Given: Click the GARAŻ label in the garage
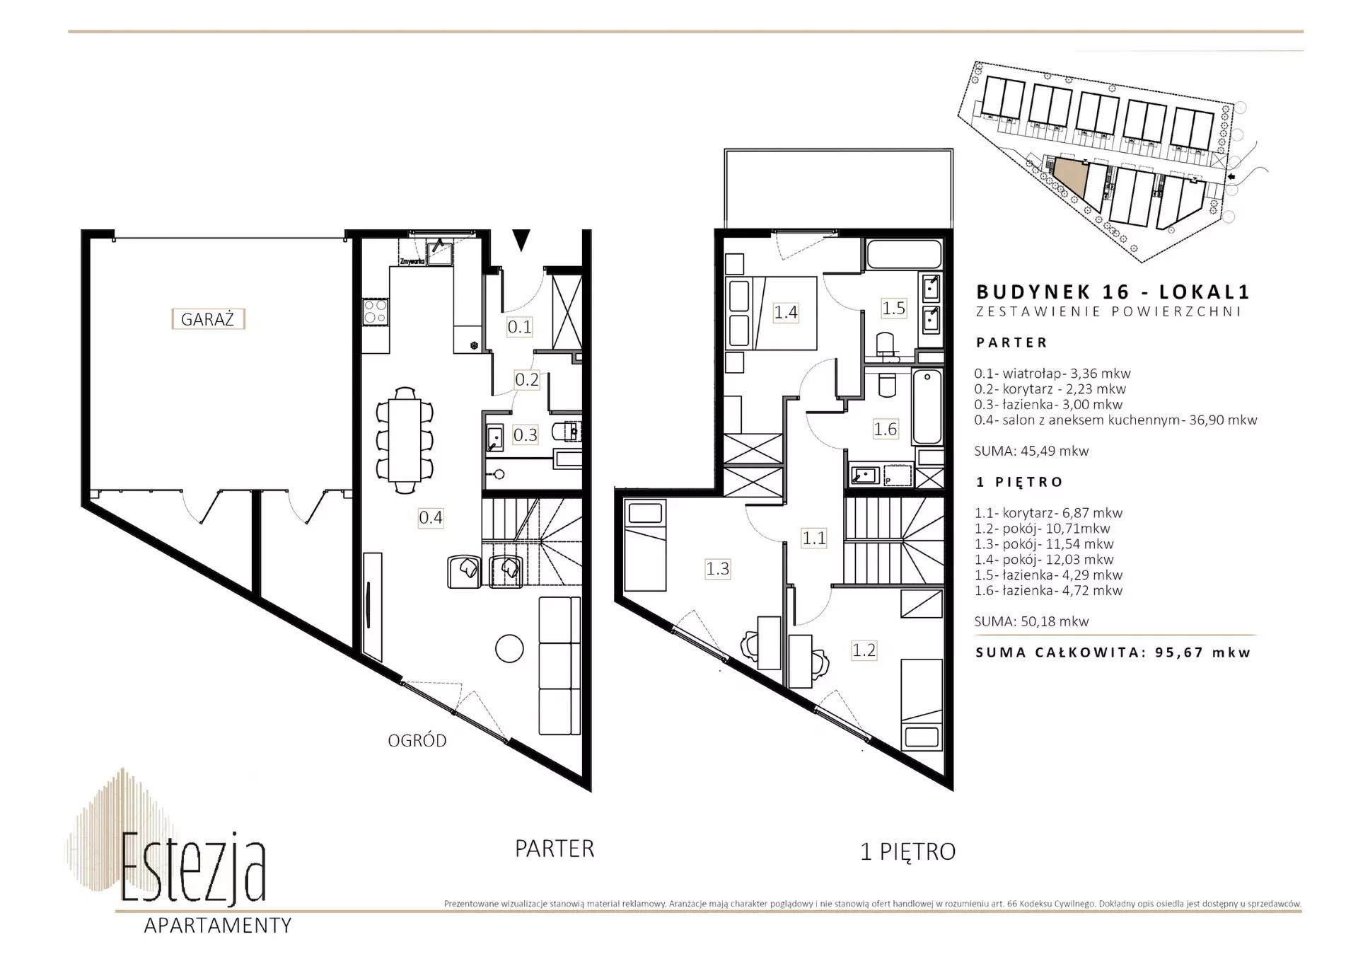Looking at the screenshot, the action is point(208,319).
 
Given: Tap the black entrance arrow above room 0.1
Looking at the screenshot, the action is point(521,241).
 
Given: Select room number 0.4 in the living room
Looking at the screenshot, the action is point(431,517).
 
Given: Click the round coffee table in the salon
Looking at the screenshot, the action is point(509,648).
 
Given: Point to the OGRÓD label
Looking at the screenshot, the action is point(417,741).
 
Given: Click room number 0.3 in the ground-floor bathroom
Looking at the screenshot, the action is point(525,435).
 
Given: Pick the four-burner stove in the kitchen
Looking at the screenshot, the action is point(375,311).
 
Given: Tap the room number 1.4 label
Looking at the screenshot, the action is point(786,312).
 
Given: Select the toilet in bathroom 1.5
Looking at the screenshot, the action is point(886,345).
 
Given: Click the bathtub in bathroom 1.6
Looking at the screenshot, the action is point(927,407).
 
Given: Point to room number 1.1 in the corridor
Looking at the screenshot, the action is point(814,538).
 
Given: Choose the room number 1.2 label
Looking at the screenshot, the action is point(864,650).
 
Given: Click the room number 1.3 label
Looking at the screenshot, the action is point(717,568).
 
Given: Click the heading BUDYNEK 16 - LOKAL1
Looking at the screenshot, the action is point(1113,292).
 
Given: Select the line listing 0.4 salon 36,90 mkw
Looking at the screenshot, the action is point(1115,420).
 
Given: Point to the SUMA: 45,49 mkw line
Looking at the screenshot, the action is point(1031,451).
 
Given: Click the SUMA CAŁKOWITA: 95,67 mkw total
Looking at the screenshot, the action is point(1113,652).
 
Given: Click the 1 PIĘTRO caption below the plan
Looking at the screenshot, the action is point(908,851).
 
